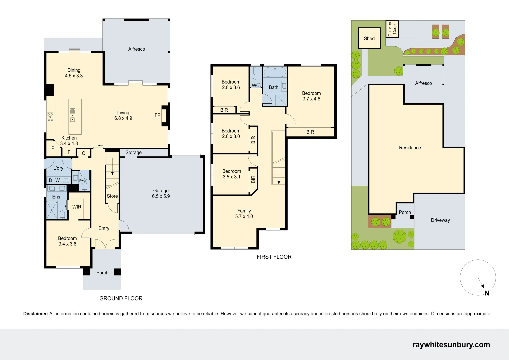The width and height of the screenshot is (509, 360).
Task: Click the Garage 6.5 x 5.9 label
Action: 161,193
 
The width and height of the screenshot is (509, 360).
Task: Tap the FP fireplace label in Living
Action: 157,115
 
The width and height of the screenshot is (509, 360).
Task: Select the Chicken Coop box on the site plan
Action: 392,29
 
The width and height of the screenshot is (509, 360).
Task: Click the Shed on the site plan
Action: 369,38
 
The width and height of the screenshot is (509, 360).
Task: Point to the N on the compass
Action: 487,293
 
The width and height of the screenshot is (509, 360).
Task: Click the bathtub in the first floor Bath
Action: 275,72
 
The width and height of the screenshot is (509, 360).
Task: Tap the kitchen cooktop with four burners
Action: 50,117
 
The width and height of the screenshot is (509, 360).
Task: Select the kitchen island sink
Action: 72,115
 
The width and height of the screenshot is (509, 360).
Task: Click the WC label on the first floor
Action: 256,85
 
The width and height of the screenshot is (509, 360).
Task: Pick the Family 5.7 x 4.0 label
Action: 244,214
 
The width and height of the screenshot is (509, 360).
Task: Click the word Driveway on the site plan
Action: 440,220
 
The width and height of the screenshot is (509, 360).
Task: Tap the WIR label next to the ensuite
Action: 77,207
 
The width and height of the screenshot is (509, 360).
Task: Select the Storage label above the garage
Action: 133,153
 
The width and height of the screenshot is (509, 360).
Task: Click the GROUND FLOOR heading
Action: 121,298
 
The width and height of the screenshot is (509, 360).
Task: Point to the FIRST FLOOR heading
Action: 274,257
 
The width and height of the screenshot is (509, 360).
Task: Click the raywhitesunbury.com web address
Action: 451,345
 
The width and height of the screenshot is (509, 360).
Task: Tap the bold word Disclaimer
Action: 36,314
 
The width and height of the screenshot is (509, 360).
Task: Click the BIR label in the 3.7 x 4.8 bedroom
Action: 310,132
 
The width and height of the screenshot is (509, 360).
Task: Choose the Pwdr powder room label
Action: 83,181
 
